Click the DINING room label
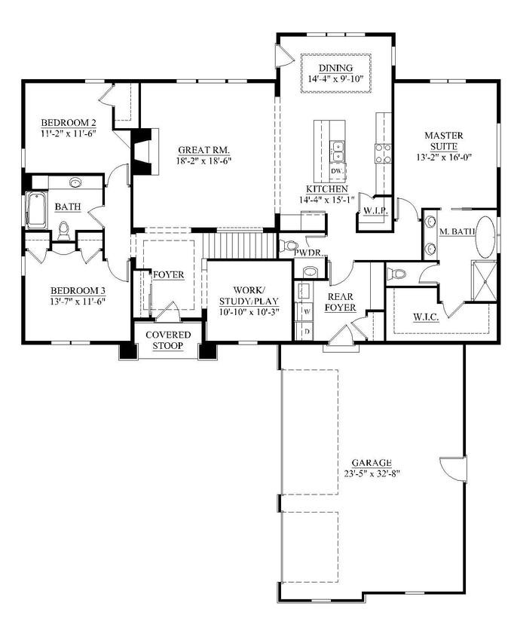click(335, 68)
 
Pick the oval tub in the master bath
click(487, 236)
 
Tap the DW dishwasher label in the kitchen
click(337, 172)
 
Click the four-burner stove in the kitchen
click(383, 154)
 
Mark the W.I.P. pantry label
click(375, 211)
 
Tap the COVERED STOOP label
click(168, 340)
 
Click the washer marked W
click(306, 310)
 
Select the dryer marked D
click(306, 329)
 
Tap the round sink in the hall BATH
click(75, 182)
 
